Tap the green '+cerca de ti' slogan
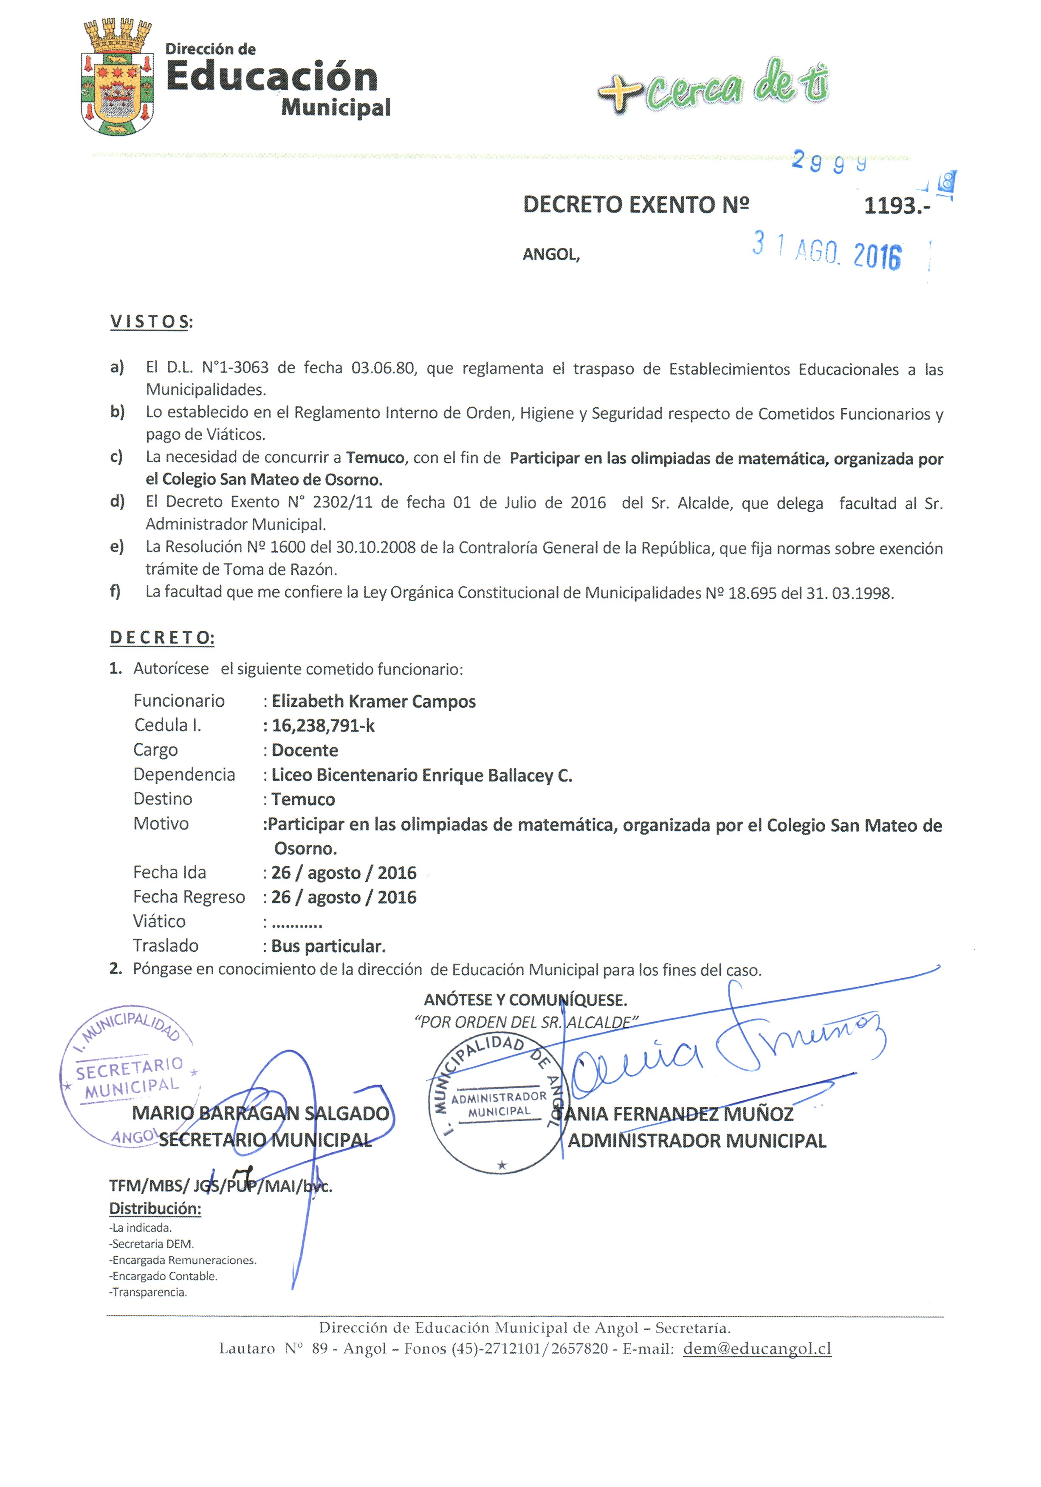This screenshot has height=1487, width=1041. coord(713,87)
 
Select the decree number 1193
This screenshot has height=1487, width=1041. coord(896,206)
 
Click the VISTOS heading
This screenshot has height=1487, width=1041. coord(151,322)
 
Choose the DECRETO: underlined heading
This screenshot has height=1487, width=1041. coord(162,637)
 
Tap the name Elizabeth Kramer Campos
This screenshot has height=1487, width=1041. coord(373,701)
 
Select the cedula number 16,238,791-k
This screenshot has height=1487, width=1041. coord(323,726)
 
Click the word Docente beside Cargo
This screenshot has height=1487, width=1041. coord(305,751)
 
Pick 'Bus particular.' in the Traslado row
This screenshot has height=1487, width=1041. coord(328,946)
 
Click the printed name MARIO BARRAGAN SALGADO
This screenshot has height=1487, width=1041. coord(260,1113)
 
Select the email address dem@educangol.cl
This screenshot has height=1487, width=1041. coord(756,1349)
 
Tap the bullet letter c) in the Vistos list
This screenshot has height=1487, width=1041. coord(117,457)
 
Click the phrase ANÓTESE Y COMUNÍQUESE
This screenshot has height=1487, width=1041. coord(525,1000)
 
